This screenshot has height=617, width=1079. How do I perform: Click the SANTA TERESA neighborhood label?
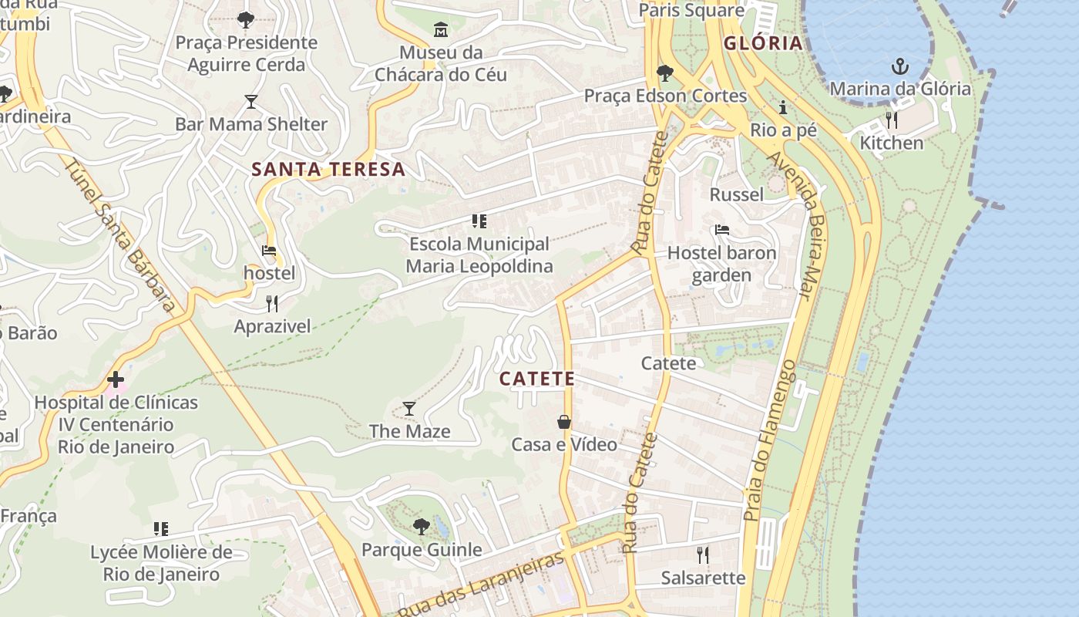(328, 170)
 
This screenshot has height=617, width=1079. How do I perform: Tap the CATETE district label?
(537, 379)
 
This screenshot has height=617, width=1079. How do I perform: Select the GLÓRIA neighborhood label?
(763, 43)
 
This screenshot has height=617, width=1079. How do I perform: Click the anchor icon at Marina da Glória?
(899, 66)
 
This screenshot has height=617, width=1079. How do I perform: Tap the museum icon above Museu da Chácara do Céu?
(440, 30)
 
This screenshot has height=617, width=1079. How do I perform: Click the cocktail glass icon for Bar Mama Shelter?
(250, 101)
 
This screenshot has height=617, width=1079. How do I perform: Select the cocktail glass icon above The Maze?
(409, 408)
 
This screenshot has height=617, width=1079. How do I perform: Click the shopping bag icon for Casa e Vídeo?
(564, 422)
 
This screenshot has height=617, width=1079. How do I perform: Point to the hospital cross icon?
(116, 379)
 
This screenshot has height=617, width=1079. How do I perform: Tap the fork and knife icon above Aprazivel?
(271, 303)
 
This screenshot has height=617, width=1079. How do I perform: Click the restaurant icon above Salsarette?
(702, 555)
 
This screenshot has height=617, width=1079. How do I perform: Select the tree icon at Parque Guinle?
(421, 527)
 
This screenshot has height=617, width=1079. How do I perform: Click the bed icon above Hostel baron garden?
(721, 230)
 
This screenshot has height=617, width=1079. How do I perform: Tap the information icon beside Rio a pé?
(783, 107)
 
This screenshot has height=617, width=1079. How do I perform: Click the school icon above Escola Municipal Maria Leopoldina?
(479, 221)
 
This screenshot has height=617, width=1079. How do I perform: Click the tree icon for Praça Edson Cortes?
(664, 73)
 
